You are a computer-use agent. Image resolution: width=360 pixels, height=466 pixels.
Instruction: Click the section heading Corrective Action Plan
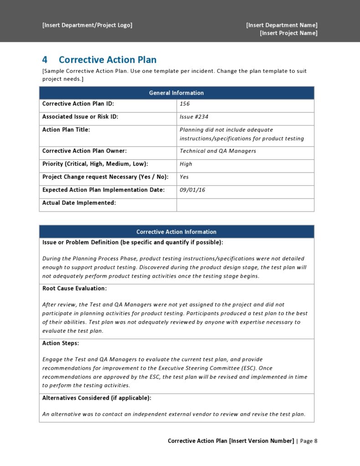(x=108, y=60)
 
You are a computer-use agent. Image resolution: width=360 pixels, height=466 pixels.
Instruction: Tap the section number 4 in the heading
(x=45, y=60)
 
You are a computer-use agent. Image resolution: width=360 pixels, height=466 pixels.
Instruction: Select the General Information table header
(x=176, y=93)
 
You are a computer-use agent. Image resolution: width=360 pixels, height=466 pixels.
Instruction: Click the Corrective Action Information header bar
(x=176, y=232)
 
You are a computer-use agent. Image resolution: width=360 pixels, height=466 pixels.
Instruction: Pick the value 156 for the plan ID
(x=185, y=104)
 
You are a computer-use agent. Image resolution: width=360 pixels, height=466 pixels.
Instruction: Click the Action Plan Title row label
(x=66, y=130)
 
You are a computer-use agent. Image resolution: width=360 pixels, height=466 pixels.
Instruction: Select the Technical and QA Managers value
(x=218, y=151)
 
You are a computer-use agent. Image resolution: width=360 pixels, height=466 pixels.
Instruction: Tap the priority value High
(x=186, y=164)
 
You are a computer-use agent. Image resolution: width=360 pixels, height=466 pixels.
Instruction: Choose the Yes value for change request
(x=184, y=177)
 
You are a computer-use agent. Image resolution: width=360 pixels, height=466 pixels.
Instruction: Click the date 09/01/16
(x=192, y=190)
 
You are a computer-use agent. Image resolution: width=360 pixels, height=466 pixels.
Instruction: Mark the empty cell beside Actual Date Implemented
(x=245, y=205)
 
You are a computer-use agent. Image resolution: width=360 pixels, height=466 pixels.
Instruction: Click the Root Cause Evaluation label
(x=74, y=289)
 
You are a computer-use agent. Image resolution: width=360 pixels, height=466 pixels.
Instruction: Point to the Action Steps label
(x=61, y=343)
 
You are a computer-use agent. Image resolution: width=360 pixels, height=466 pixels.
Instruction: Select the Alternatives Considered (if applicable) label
(x=97, y=398)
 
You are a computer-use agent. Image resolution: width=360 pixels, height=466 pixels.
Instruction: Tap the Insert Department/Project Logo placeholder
(x=87, y=25)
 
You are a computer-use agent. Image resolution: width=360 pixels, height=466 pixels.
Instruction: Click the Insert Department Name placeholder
(x=282, y=25)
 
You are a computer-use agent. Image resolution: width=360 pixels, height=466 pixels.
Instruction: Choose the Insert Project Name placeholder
(x=288, y=33)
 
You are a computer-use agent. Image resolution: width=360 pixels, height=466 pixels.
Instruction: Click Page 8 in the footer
(x=309, y=441)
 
